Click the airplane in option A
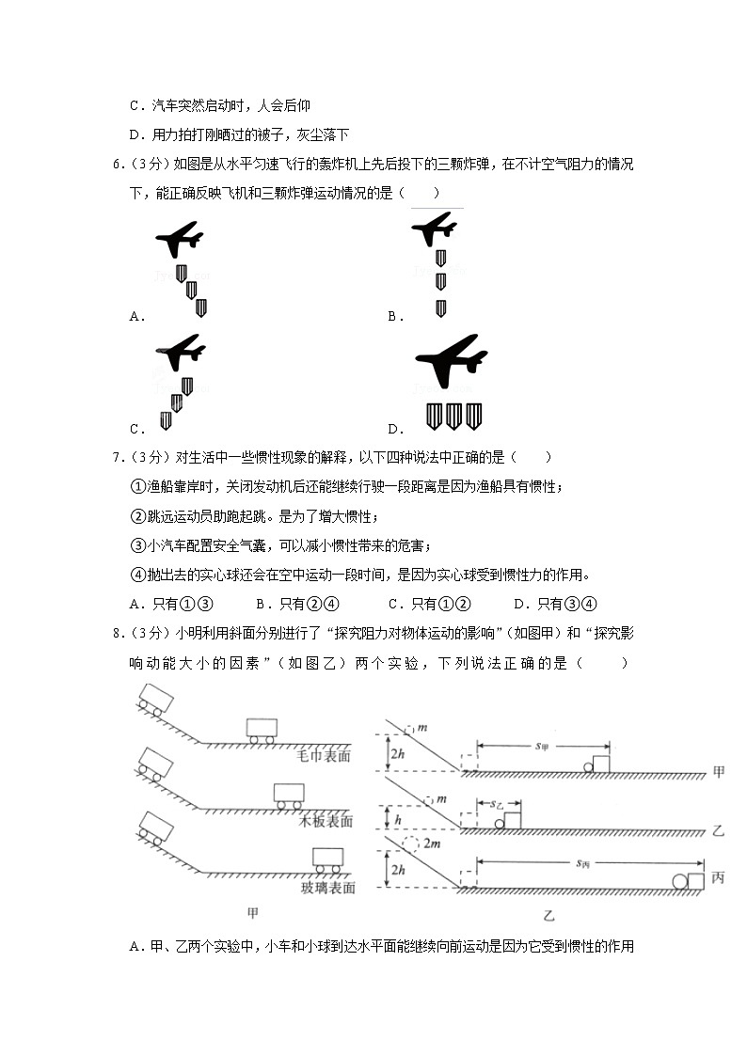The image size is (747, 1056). pos(180,240)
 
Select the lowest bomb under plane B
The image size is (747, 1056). pos(440,307)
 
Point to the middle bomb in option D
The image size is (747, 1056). pos(453,416)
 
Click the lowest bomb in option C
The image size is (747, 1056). pos(166,420)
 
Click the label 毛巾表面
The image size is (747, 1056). pos(324,755)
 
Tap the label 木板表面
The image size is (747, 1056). pos(326,821)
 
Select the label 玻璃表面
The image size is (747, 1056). pos(326,887)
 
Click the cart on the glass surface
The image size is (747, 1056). pos(327,859)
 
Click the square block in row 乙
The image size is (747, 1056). pos(513,819)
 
